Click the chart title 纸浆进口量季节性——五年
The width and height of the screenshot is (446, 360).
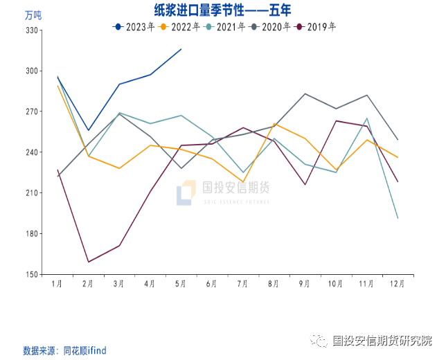[224, 10]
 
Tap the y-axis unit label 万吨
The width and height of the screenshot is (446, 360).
[33, 15]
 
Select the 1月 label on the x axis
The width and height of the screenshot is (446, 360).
[58, 284]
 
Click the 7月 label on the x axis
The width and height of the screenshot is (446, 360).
[242, 284]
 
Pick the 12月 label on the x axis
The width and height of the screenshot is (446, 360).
[397, 284]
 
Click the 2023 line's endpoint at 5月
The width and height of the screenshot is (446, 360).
[181, 49]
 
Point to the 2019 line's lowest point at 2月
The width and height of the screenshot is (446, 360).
[89, 262]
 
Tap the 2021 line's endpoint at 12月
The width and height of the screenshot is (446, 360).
[397, 218]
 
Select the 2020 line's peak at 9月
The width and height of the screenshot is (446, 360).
[305, 93]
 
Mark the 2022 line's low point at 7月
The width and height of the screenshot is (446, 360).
[242, 182]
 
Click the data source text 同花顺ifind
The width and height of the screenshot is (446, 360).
[84, 350]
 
